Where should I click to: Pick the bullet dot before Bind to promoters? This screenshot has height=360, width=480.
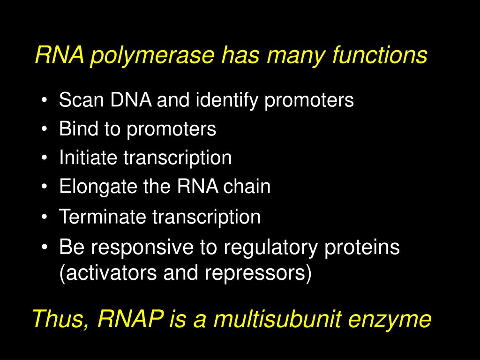(44, 130)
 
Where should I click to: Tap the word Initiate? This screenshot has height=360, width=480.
(88, 158)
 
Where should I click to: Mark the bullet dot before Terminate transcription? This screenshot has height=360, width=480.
(44, 217)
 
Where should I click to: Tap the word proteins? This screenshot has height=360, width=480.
(361, 247)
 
